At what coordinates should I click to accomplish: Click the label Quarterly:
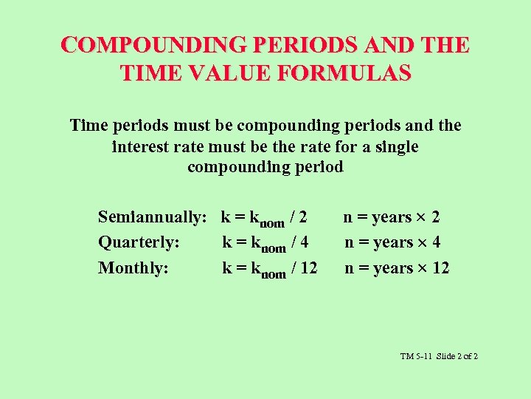coord(139,242)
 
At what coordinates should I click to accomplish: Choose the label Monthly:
coord(133,267)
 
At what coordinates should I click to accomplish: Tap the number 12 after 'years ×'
coord(440,267)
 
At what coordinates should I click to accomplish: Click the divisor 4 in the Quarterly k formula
coord(304,242)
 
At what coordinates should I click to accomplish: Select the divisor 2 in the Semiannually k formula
coord(303,217)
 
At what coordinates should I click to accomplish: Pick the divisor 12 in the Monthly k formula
coord(308,267)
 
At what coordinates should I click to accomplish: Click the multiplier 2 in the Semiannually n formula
coord(436,217)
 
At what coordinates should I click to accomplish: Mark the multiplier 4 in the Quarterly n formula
coord(436,242)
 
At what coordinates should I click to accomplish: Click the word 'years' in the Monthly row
coord(393,268)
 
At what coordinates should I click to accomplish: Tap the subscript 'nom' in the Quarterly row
coord(274,247)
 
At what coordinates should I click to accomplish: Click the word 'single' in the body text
coord(395,146)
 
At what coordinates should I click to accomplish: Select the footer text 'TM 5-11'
coord(416,356)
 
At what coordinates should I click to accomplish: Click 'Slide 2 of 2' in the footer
coord(457,356)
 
